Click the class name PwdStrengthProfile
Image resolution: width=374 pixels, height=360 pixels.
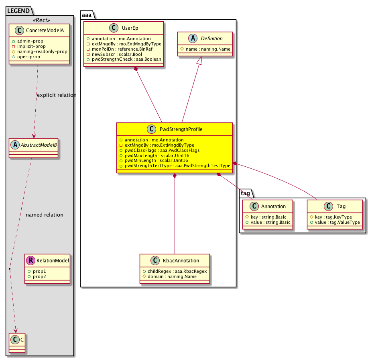[x=181, y=129]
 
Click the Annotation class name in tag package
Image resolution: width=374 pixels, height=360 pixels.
[x=273, y=207]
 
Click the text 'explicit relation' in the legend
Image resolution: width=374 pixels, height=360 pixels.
[x=56, y=95]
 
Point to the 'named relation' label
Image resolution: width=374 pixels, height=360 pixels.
[x=45, y=215]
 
